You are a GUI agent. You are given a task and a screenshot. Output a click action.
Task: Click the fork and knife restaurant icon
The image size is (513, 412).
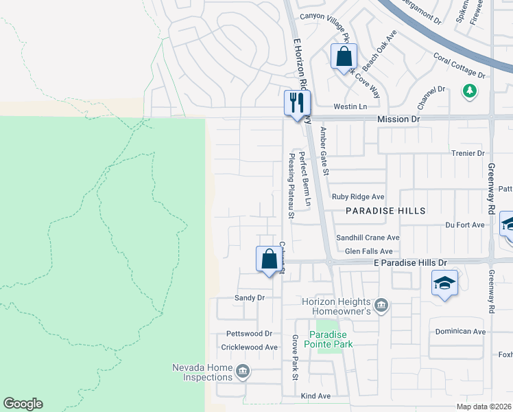297,103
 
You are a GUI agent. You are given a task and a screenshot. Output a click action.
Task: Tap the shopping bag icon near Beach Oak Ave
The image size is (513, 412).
344,56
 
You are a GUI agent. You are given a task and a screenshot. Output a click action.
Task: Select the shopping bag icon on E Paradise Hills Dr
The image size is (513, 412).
269,259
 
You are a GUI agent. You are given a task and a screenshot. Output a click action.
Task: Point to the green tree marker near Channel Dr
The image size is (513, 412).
469,91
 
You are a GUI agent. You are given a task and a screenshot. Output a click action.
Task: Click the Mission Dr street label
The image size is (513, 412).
398,119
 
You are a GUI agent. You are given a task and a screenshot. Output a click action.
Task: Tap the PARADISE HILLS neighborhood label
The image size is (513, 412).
385,211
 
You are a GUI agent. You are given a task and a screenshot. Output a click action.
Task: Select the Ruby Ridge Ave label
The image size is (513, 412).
358,196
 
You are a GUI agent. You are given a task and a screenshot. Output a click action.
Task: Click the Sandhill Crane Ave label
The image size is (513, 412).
367,238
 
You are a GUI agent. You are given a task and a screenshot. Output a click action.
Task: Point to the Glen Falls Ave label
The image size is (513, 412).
368,251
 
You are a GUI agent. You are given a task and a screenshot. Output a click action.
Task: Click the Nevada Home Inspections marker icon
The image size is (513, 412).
241,372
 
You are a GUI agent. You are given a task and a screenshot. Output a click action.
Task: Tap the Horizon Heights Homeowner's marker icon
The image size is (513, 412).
382,304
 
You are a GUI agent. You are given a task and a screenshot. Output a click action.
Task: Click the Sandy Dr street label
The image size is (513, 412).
250,298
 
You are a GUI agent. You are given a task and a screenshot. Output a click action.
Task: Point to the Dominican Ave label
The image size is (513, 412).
460,332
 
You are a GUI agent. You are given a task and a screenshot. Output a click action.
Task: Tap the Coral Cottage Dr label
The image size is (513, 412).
460,65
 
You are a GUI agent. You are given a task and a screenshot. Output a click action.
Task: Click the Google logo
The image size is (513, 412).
23,404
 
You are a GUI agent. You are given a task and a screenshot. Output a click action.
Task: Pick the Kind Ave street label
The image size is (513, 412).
315,396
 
